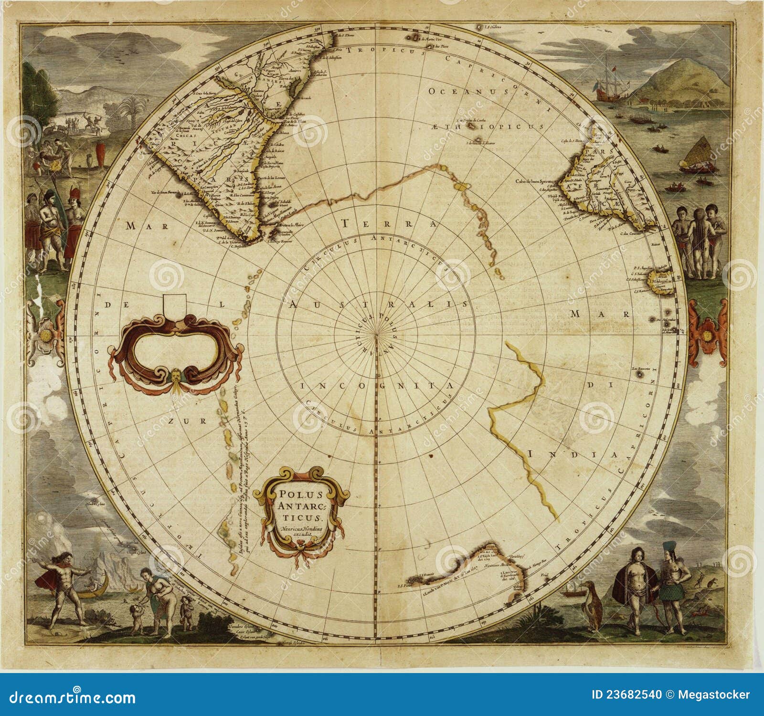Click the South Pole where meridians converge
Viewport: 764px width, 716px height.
[x=377, y=334]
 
